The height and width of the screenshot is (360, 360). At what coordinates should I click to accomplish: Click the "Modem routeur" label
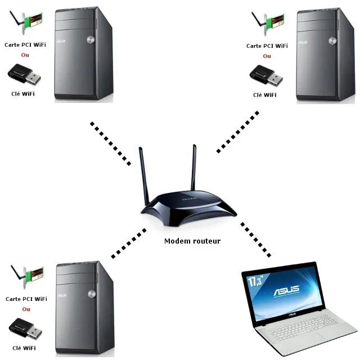pos(192,241)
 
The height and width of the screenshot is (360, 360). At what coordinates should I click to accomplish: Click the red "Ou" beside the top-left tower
pos(25,55)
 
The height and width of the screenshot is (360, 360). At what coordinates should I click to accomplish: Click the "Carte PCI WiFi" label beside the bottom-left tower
pos(26,299)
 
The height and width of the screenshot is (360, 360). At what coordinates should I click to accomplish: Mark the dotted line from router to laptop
pos(256,239)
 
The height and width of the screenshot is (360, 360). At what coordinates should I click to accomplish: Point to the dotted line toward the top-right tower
pos(238,132)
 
